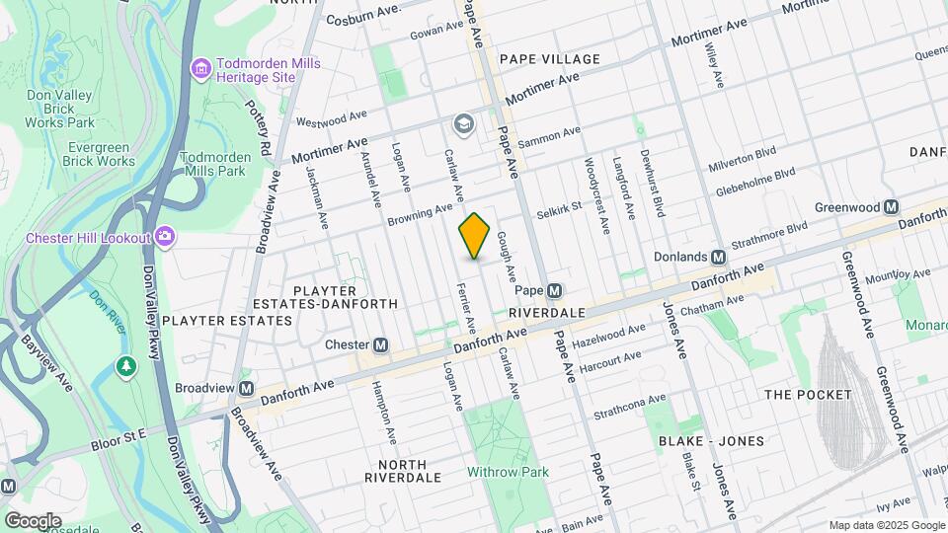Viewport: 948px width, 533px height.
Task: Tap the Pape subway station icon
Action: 555,291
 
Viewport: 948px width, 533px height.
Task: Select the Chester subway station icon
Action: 380,345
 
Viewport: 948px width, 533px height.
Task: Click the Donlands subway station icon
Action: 719,257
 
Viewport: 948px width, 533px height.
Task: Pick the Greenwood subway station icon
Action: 891,207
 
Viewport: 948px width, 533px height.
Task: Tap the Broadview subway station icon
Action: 245,389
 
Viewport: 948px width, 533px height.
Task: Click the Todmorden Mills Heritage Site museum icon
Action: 201,68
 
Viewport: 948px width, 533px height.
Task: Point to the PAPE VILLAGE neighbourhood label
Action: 549,59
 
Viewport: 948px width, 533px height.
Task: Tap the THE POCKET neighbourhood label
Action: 807,395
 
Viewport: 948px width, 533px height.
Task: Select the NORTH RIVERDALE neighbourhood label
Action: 395,471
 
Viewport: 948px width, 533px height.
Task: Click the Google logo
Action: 32,520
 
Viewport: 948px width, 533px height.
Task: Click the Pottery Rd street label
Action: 265,126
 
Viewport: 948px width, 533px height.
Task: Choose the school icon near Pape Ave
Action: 461,124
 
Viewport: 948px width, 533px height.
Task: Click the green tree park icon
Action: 125,367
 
